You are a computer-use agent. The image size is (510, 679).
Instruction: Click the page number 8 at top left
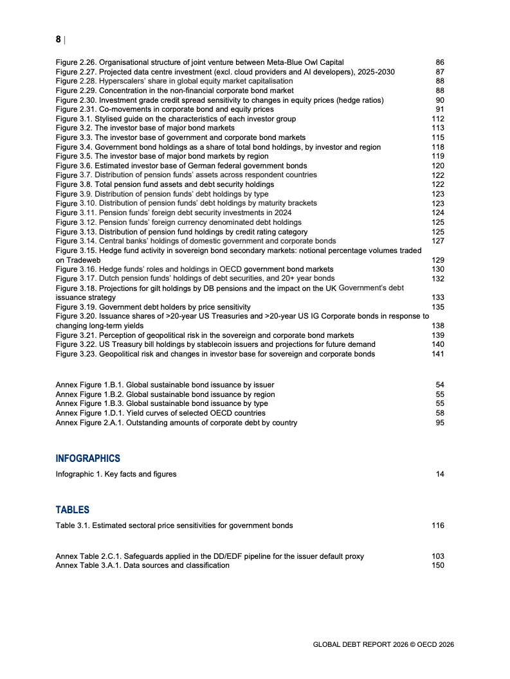pyautogui.click(x=59, y=39)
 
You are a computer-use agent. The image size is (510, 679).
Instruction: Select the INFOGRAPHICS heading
pyautogui.click(x=87, y=458)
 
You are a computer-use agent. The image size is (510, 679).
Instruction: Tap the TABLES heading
pyautogui.click(x=72, y=509)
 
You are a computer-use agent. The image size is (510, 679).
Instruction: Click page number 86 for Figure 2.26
pyautogui.click(x=440, y=62)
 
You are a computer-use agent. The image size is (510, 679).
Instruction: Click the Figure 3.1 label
pyautogui.click(x=73, y=119)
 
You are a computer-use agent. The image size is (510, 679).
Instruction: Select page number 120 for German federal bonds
pyautogui.click(x=438, y=165)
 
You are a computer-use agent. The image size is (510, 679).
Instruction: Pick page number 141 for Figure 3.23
pyautogui.click(x=438, y=354)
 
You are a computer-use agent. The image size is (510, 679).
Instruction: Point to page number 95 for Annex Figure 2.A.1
pyautogui.click(x=440, y=423)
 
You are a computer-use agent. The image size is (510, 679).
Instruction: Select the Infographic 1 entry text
pyautogui.click(x=116, y=474)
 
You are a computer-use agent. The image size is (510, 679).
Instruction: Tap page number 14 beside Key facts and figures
pyautogui.click(x=440, y=474)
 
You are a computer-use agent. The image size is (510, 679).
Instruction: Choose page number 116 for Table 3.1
pyautogui.click(x=438, y=525)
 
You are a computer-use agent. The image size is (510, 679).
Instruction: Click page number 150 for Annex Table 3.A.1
pyautogui.click(x=438, y=565)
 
